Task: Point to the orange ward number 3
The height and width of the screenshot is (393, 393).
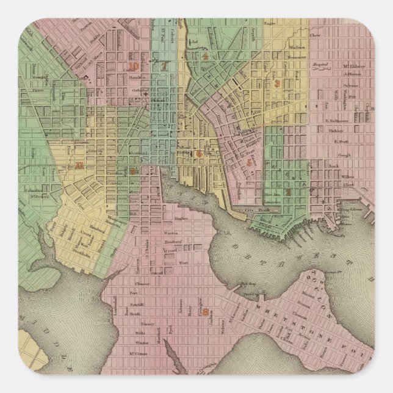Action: [276, 84]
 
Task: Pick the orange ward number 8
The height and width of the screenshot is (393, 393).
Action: [206, 312]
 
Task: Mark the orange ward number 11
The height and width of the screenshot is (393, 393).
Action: [78, 164]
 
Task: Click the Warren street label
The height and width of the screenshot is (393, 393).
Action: [171, 233]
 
